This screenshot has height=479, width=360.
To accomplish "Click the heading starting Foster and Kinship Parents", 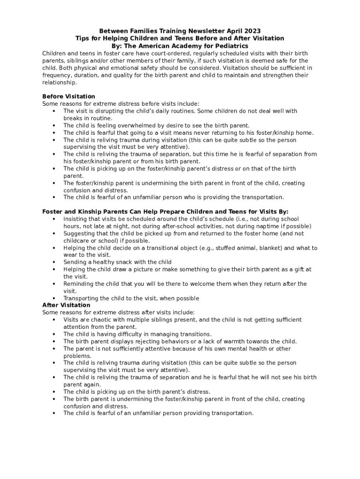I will click(x=165, y=211).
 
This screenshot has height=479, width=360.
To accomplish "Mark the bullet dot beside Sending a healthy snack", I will click(x=54, y=262).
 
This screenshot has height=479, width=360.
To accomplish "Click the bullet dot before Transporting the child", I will click(x=54, y=298).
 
